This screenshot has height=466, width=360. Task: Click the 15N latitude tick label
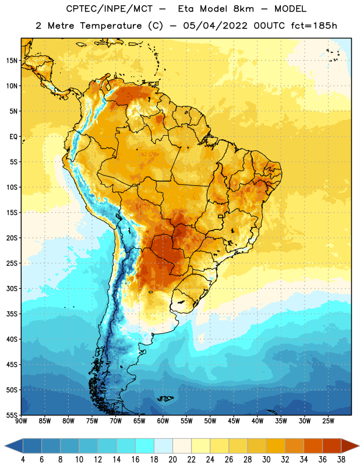point(12,61)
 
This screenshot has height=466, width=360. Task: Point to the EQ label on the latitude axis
point(13,137)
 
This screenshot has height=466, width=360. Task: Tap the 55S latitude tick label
point(12,415)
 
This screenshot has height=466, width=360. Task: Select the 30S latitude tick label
point(12,288)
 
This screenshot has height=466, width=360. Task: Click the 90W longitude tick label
point(21,421)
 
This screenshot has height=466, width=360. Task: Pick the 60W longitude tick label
point(163,421)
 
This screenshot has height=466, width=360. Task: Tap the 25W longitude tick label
point(329,421)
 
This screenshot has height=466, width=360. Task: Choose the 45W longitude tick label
point(234,421)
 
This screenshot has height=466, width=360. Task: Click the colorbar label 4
point(23,460)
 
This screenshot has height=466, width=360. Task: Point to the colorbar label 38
point(341,460)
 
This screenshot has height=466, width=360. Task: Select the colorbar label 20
point(172,460)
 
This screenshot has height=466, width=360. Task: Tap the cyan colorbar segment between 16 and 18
point(145,446)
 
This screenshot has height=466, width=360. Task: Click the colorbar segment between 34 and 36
point(313,446)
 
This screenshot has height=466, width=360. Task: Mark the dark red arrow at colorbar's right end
point(350,446)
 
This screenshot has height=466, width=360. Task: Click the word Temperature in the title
point(111,26)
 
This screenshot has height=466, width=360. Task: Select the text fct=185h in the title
point(314,26)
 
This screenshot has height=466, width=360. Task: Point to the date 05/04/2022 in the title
point(215,26)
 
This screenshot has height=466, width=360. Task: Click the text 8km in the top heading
point(243,9)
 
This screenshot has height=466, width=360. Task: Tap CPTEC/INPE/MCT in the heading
point(110,9)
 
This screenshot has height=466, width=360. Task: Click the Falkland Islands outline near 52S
point(165,398)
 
